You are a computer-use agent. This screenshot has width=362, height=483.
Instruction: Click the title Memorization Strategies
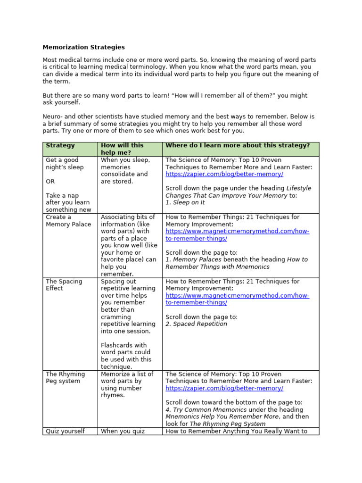coord(83,47)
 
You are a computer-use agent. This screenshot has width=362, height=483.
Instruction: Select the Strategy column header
coord(60,146)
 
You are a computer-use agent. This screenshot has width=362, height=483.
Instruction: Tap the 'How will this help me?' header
coord(122,149)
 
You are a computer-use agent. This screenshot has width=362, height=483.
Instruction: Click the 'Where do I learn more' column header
coord(238,146)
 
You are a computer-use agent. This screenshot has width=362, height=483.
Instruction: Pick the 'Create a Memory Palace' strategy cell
coord(68,221)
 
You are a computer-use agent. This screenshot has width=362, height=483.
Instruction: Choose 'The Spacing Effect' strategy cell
coord(64,285)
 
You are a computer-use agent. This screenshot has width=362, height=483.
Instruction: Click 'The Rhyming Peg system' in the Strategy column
coord(65,377)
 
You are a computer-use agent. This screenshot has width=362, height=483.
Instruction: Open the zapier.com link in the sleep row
coord(224,174)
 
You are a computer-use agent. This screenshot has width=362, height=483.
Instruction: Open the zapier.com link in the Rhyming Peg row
coord(224,388)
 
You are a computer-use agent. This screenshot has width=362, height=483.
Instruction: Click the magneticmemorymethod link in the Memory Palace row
coord(237,235)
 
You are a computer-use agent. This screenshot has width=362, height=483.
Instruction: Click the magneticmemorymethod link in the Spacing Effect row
coord(237,299)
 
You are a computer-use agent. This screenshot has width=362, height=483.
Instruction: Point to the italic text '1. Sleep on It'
coord(185,203)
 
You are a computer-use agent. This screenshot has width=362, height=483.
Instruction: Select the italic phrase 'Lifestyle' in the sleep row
coord(299,188)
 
